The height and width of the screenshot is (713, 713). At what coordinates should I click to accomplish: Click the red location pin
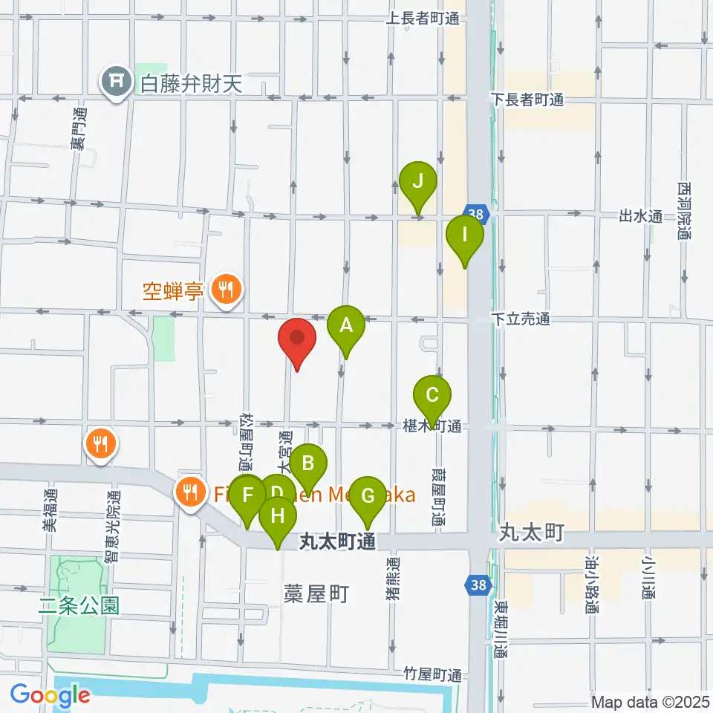point(297,340)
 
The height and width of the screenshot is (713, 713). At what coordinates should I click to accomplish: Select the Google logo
point(50,695)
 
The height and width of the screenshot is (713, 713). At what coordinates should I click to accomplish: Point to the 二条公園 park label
point(79,605)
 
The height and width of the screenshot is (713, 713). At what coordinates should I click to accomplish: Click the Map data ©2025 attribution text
point(649,701)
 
